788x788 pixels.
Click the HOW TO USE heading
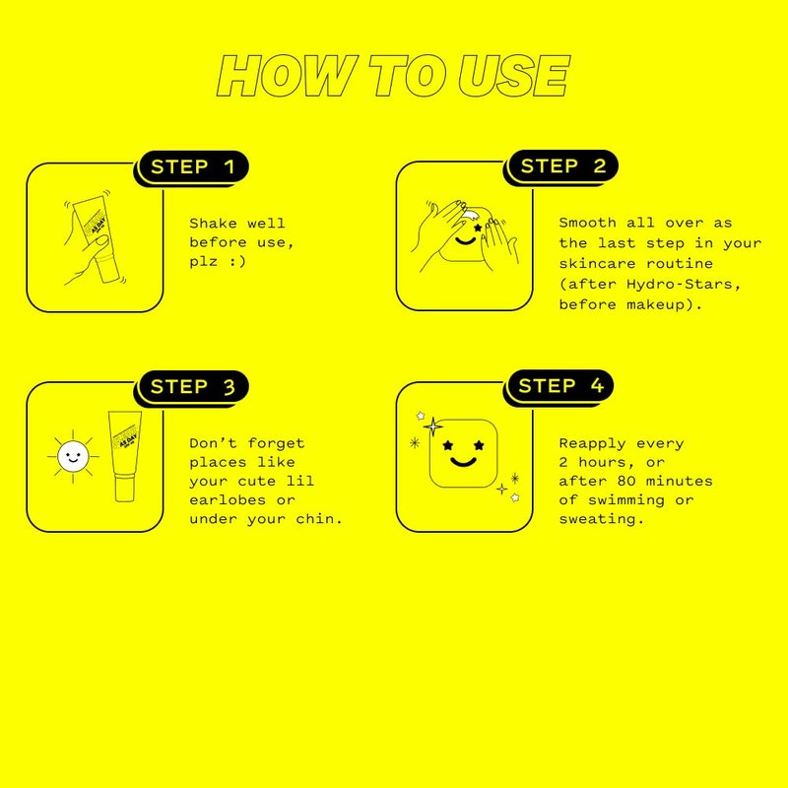(x=393, y=76)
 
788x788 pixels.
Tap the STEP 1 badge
(x=193, y=166)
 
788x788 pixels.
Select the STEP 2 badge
(x=562, y=165)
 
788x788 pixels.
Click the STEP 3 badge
(x=193, y=386)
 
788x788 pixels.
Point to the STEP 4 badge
(x=560, y=385)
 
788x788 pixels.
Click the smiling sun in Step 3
(x=73, y=456)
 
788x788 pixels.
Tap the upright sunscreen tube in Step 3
(x=125, y=456)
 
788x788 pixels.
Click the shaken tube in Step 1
(x=97, y=239)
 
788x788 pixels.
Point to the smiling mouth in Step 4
(x=463, y=462)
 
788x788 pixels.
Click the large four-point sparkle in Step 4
(x=432, y=427)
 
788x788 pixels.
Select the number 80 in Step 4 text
(x=626, y=481)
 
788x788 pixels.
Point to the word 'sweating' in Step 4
(x=598, y=519)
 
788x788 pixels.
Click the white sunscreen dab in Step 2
(x=470, y=216)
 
